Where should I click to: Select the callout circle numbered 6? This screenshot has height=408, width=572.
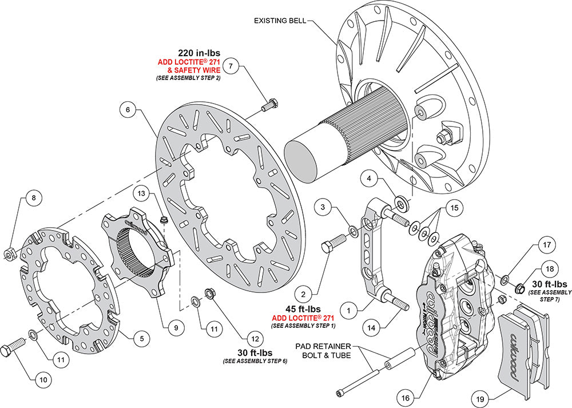click(129, 109)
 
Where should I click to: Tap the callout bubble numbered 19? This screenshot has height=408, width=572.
click(480, 396)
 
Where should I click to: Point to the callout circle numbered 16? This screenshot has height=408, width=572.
click(404, 394)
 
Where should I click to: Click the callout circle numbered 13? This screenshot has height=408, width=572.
click(142, 194)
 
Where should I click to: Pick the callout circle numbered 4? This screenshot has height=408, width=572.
click(370, 180)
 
